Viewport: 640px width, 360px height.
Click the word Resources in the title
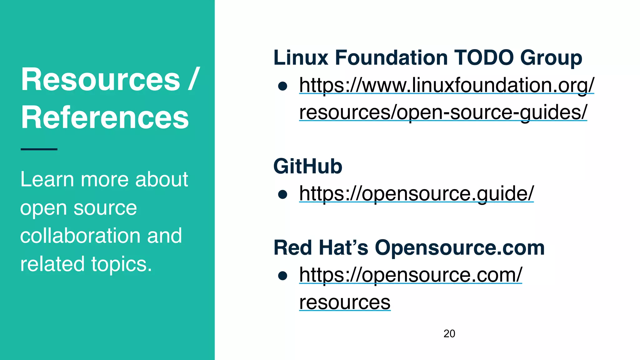pyautogui.click(x=100, y=80)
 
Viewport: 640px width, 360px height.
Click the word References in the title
pyautogui.click(x=105, y=117)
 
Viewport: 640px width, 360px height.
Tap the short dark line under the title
pyautogui.click(x=39, y=149)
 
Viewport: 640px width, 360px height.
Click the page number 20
pyautogui.click(x=449, y=334)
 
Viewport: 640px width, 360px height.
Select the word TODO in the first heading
pyautogui.click(x=484, y=58)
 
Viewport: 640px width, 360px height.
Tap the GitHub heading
pyautogui.click(x=307, y=166)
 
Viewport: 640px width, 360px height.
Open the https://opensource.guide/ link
pyautogui.click(x=416, y=193)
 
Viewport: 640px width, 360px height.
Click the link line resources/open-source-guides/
pyautogui.click(x=443, y=112)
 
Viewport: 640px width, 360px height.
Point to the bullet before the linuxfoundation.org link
pyautogui.click(x=282, y=86)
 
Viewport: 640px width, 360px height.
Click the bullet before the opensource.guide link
pyautogui.click(x=282, y=194)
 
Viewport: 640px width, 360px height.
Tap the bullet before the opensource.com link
pyautogui.click(x=282, y=276)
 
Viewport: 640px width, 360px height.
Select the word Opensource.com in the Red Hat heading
pyautogui.click(x=459, y=248)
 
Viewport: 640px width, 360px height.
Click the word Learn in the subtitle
pyautogui.click(x=47, y=179)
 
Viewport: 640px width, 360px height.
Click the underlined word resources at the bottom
pyautogui.click(x=345, y=302)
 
